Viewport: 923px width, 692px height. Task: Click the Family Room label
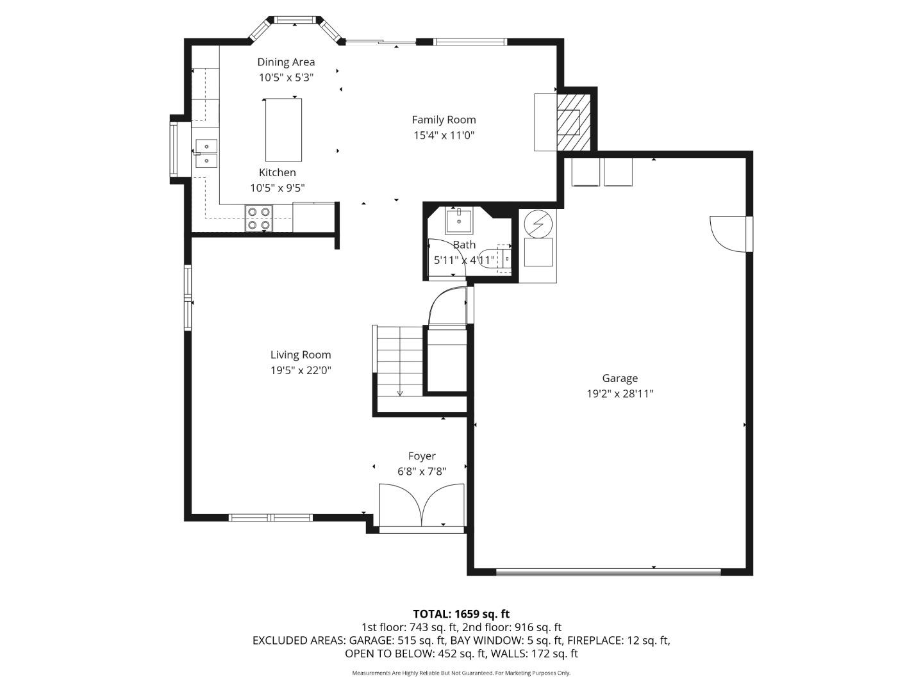click(444, 119)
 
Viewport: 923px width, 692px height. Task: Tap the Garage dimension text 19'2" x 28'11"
click(619, 394)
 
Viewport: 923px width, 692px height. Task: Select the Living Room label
click(301, 354)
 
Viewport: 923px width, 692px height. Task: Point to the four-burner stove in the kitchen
click(259, 218)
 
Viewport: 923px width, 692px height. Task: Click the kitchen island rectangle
click(283, 129)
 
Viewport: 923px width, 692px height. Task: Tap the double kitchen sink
click(206, 154)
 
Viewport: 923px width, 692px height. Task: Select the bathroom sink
click(459, 220)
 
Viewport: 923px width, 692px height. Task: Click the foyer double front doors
click(421, 506)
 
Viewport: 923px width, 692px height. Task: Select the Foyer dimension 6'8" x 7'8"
click(422, 472)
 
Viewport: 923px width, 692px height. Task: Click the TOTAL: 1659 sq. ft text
click(461, 614)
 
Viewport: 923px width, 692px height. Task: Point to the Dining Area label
click(286, 62)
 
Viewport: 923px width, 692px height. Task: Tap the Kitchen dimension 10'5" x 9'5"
click(277, 188)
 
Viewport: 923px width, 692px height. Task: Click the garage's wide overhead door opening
click(608, 572)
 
